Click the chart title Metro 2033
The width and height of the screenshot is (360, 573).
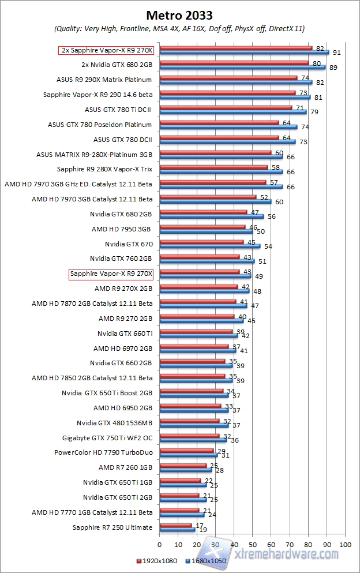[x=179, y=14]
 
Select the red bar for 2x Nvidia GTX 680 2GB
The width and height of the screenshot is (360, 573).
[x=234, y=62]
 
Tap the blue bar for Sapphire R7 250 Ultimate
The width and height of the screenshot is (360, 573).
[x=177, y=529]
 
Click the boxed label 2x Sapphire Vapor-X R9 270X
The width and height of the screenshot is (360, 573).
[x=109, y=50]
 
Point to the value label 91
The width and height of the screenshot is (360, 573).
[x=335, y=53]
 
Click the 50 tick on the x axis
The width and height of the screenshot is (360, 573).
[x=253, y=544]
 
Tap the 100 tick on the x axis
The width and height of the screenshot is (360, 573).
[x=345, y=544]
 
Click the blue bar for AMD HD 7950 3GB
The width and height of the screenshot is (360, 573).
[x=206, y=231]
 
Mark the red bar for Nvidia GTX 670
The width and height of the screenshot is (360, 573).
[x=201, y=242]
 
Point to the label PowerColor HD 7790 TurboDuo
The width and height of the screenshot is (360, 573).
[x=103, y=452]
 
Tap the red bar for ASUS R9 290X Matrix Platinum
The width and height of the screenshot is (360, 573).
[x=228, y=77]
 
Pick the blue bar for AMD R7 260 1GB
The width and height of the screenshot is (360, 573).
[x=185, y=470]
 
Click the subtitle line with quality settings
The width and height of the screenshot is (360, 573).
[x=179, y=28]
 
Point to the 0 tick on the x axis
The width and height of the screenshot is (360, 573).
[x=159, y=544]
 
